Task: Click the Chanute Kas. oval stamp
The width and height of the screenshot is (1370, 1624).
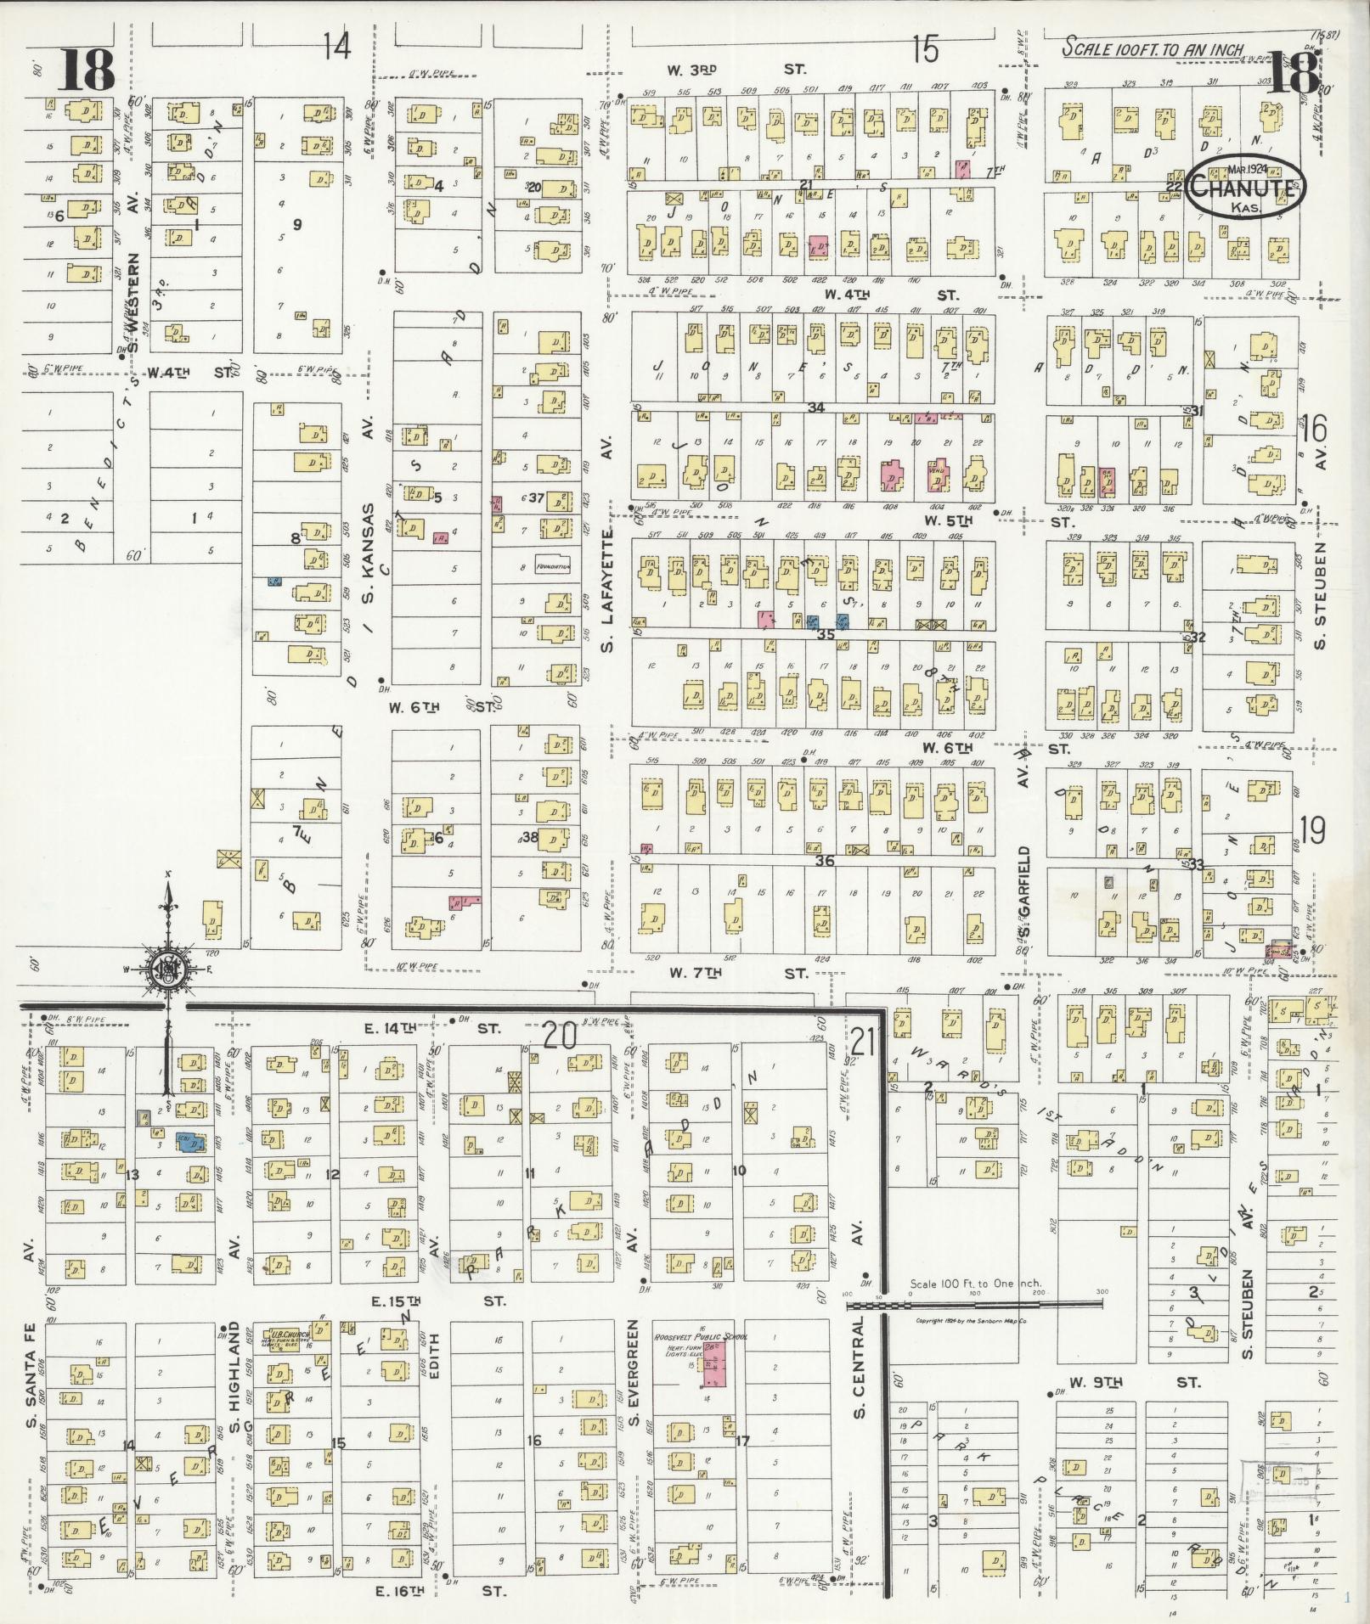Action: (1245, 188)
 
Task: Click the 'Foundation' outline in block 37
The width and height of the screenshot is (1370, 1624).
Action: (552, 567)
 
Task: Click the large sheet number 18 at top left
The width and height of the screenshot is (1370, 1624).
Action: (87, 70)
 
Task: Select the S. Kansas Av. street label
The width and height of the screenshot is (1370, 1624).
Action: (369, 526)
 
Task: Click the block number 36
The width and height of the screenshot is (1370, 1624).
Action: (824, 861)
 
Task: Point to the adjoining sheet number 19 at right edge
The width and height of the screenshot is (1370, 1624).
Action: (1313, 829)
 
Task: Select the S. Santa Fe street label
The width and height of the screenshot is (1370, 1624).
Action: (29, 1376)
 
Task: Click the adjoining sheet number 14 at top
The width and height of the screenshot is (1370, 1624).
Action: (336, 47)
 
